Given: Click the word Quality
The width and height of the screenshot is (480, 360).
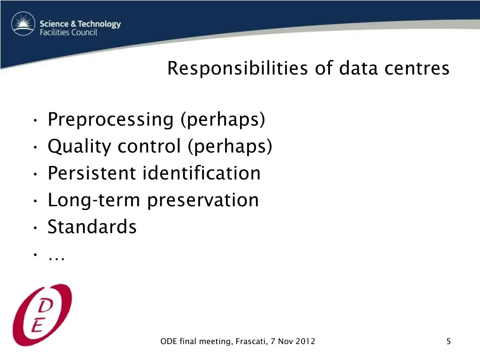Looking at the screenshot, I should click(x=79, y=147).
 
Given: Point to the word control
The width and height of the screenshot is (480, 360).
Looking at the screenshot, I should click(x=149, y=147).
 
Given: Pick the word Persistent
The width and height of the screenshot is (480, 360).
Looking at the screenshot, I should click(x=91, y=173).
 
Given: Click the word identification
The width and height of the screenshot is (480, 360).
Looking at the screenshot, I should click(x=201, y=173).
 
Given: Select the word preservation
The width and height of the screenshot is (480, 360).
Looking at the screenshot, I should click(x=203, y=200).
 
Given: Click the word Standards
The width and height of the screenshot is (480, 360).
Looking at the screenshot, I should click(x=92, y=227).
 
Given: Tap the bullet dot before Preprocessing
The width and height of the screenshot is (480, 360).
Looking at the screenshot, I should click(x=35, y=122).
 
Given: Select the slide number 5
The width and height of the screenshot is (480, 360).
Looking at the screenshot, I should click(x=449, y=342).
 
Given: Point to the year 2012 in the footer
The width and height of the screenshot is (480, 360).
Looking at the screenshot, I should click(x=306, y=342).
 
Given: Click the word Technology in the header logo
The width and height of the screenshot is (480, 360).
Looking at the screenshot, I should click(x=99, y=24).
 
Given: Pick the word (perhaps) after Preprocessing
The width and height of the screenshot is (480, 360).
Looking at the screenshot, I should click(x=223, y=120).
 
